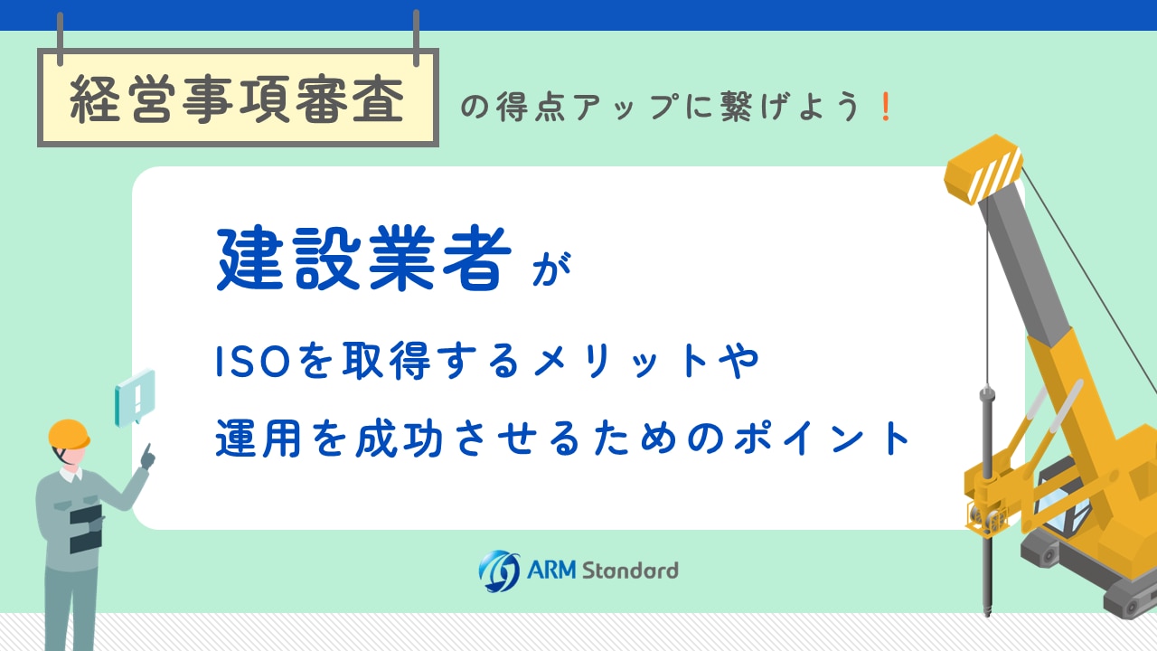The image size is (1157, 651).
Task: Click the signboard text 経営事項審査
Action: pyautogui.click(x=237, y=99)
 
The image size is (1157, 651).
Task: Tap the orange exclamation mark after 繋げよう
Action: pyautogui.click(x=886, y=107)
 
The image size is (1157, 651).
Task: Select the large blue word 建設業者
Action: pyautogui.click(x=364, y=259)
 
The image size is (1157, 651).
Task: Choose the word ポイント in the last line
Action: pyautogui.click(x=823, y=439)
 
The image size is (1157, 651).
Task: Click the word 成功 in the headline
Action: pyautogui.click(x=400, y=439)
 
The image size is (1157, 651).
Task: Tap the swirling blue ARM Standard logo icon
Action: pyautogui.click(x=499, y=571)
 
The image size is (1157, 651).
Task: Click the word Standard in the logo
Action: pyautogui.click(x=630, y=571)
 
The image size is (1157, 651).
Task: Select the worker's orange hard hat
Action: pyautogui.click(x=69, y=434)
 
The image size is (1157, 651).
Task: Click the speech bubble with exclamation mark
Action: pyautogui.click(x=135, y=398)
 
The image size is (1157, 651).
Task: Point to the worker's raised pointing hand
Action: pyautogui.click(x=148, y=457)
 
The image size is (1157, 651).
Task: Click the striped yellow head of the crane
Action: pyautogui.click(x=983, y=168)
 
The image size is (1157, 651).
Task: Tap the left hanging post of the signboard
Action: pyautogui.click(x=60, y=39)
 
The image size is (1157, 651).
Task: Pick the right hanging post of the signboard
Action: pyautogui.click(x=417, y=38)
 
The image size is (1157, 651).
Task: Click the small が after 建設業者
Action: pyautogui.click(x=551, y=269)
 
